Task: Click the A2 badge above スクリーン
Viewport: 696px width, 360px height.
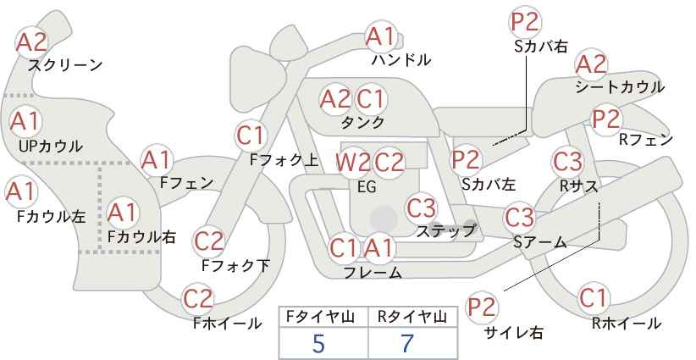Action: point(32,42)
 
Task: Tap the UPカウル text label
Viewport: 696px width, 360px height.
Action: point(50,146)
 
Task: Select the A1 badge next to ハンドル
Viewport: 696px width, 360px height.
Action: point(380,36)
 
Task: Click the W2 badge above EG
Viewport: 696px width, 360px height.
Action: point(352,162)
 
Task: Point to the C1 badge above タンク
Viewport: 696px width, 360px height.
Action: point(371,99)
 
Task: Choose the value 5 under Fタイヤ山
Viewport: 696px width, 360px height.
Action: point(318,343)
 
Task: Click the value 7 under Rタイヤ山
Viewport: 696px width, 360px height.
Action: point(407,343)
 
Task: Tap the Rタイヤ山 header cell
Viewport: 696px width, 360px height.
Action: point(411,317)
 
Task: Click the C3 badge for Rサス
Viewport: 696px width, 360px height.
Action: point(566,160)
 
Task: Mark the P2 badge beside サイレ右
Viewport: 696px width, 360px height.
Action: point(483,307)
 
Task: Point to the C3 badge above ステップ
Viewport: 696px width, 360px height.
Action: point(421,207)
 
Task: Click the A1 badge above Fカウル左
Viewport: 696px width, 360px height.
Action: point(20,191)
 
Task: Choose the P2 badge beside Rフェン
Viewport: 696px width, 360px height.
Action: point(606,119)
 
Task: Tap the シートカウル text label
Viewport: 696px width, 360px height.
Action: point(619,86)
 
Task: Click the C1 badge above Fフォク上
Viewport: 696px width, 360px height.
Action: point(251,134)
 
